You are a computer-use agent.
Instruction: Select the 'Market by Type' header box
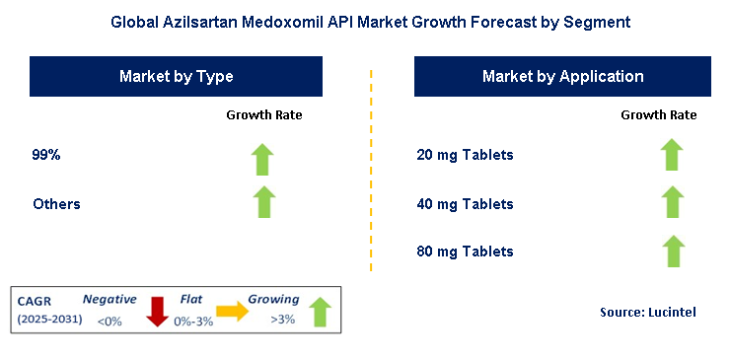pyautogui.click(x=177, y=76)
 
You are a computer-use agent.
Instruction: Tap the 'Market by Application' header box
pyautogui.click(x=562, y=76)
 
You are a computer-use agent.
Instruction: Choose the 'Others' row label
pyautogui.click(x=56, y=204)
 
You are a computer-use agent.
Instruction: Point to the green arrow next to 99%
pyautogui.click(x=263, y=157)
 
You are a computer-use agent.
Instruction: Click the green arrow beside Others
pyautogui.click(x=263, y=201)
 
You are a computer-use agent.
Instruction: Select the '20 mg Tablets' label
pyautogui.click(x=466, y=155)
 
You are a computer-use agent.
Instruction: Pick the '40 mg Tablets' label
pyautogui.click(x=466, y=204)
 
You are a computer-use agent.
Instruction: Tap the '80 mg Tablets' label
pyautogui.click(x=466, y=252)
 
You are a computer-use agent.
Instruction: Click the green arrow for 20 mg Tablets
pyautogui.click(x=672, y=155)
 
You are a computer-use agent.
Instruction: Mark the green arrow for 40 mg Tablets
pyautogui.click(x=672, y=201)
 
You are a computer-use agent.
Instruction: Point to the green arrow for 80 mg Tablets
pyautogui.click(x=672, y=251)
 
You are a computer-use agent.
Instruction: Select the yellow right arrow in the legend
pyautogui.click(x=233, y=312)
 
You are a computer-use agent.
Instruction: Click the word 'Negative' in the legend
pyautogui.click(x=109, y=298)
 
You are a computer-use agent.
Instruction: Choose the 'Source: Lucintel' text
pyautogui.click(x=647, y=313)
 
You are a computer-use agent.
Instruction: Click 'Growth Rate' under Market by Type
pyautogui.click(x=264, y=115)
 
